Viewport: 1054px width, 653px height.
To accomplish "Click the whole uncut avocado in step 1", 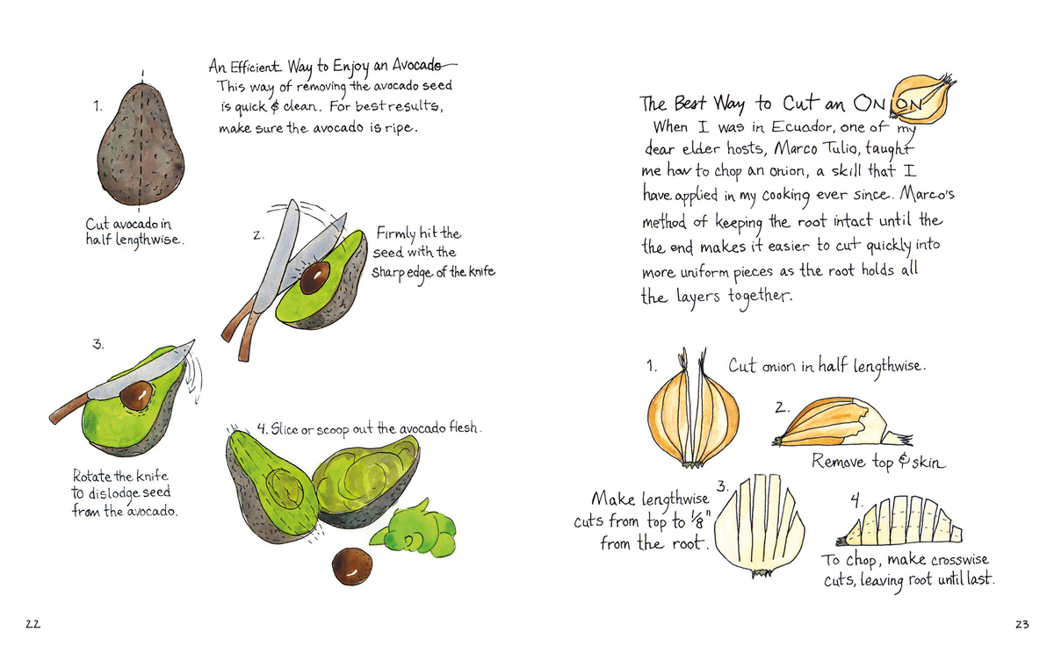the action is [141, 144].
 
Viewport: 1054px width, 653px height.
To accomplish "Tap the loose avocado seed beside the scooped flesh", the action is [352, 566].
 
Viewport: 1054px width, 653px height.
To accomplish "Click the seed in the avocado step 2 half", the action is [314, 278].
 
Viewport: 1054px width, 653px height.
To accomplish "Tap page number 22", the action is [33, 624].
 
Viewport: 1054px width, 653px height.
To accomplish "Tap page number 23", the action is [1022, 624].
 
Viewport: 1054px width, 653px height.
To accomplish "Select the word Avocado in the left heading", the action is [417, 65].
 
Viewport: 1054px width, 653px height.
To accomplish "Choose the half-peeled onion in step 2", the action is [842, 423].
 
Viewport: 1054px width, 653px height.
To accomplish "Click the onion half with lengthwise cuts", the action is [759, 526].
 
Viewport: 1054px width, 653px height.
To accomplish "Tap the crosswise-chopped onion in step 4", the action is [899, 520].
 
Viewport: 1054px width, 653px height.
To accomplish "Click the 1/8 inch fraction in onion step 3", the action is [699, 520].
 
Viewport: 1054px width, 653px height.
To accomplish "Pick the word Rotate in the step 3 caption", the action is [90, 476].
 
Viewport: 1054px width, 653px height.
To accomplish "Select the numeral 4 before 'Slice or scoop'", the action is [262, 427].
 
